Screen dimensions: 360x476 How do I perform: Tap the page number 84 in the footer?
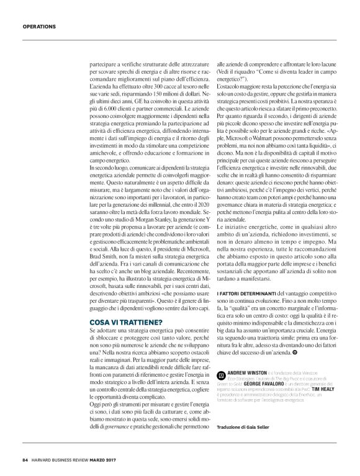point(25,459)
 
